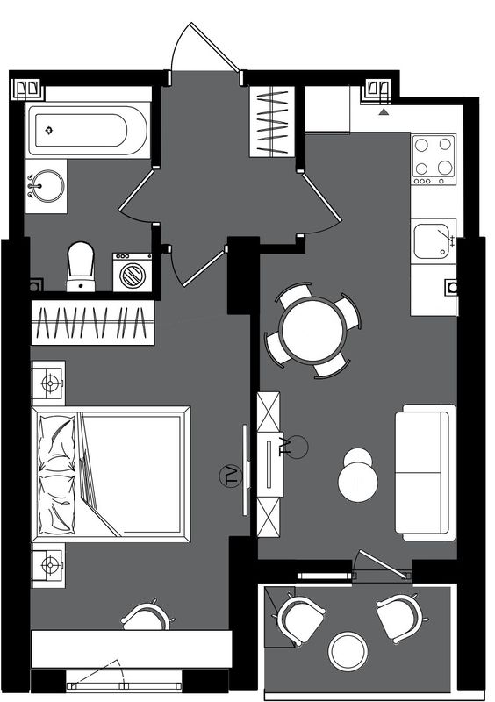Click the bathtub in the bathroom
tap(88, 130)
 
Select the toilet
tap(81, 267)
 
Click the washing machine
tap(133, 273)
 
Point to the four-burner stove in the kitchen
tap(434, 160)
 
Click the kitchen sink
tap(432, 241)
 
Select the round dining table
tap(312, 331)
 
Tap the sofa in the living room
tap(425, 472)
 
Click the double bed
tap(111, 474)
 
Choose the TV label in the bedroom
tap(231, 476)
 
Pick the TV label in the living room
tap(285, 447)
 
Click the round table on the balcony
tap(348, 651)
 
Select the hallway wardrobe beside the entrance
tap(272, 122)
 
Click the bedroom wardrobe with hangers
tap(92, 323)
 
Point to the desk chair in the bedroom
tap(146, 616)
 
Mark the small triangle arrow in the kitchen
tap(383, 111)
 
